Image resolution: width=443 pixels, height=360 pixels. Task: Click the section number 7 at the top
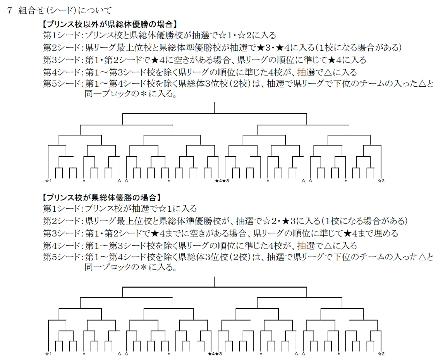coord(10,11)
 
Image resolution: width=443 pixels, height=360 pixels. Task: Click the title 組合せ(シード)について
coord(65,11)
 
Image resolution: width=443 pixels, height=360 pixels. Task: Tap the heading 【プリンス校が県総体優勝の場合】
coord(102,197)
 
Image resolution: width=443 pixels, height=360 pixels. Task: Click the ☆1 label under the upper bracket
coord(48,181)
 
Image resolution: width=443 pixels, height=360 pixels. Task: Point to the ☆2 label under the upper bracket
coord(381,181)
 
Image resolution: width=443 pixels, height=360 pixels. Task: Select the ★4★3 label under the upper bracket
coord(222,181)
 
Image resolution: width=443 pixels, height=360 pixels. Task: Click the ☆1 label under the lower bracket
coord(48,354)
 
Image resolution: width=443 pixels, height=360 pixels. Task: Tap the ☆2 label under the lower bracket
coord(381,354)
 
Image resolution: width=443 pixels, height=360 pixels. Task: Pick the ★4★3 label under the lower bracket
coord(215,354)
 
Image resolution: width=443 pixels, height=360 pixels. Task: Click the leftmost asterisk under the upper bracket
coord(84,181)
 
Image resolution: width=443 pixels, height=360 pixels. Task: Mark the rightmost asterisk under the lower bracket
coord(338,354)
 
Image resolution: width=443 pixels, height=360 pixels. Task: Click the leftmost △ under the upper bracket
coord(119,181)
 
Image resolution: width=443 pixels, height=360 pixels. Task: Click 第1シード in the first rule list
coord(62,35)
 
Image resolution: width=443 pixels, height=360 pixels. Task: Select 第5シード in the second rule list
coord(62,257)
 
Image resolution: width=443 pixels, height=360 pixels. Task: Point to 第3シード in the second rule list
coord(62,233)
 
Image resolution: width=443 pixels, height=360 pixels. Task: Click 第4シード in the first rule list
coord(62,72)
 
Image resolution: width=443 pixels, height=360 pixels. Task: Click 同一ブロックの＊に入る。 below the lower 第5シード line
coord(131,267)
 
